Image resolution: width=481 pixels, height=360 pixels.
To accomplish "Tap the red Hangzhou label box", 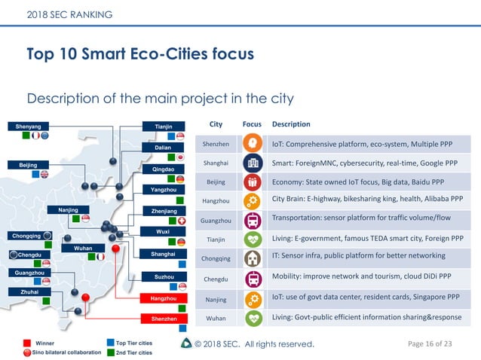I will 163,298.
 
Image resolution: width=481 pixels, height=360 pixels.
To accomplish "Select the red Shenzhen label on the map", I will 163,319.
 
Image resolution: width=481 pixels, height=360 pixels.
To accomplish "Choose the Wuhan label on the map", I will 83,248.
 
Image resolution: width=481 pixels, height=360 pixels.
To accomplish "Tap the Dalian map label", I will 163,148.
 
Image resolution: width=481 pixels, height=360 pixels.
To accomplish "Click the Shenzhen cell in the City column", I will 216,143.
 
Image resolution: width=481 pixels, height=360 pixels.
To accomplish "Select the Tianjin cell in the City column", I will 216,240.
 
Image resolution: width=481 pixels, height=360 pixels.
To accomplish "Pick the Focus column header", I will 252,124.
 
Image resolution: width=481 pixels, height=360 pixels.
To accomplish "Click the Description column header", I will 291,124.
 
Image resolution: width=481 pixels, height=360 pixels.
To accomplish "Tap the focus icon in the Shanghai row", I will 252,163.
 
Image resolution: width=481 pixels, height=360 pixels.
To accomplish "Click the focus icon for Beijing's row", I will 252,182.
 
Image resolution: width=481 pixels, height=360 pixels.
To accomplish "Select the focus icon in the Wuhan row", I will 252,318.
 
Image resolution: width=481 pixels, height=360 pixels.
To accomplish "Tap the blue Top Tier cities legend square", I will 110,343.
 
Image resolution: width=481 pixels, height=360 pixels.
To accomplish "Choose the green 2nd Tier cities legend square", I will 110,352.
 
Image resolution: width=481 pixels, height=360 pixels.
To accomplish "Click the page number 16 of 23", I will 429,344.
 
